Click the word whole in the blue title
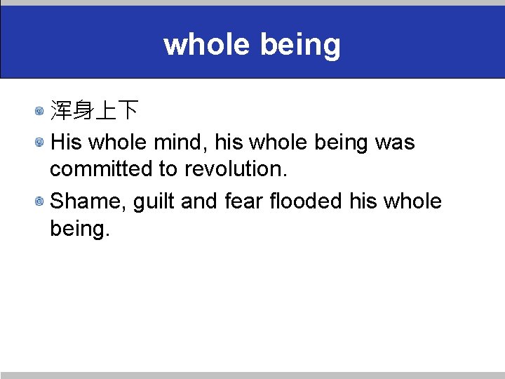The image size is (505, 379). click(x=207, y=45)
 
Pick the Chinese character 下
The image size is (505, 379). click(x=127, y=110)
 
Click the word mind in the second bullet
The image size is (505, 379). click(x=184, y=142)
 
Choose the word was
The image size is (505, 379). click(x=395, y=142)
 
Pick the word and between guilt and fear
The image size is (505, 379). click(x=199, y=201)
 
